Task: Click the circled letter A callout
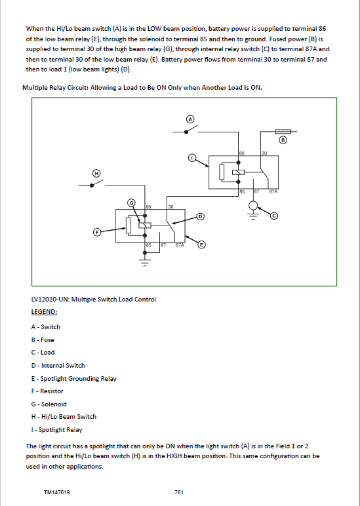pos(191,119)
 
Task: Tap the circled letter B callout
pos(283,140)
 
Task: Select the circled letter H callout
pos(96,173)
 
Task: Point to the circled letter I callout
pos(192,158)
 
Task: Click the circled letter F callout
pos(97,232)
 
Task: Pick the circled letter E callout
pos(201,244)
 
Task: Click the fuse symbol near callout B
pos(283,131)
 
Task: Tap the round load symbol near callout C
pos(254,205)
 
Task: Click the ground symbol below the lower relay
pos(145,262)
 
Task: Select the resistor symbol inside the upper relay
pos(222,172)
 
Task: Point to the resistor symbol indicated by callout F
pos(128,225)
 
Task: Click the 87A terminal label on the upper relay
pos(273,191)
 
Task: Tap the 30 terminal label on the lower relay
pos(170,206)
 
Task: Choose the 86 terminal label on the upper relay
pos(241,153)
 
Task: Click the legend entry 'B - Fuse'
pos(43,340)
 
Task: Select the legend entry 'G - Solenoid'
pos(49,404)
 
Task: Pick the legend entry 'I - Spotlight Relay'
pos(56,430)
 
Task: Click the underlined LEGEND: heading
pos(44,312)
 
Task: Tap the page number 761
pos(179,492)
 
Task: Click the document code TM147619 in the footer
pos(57,492)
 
